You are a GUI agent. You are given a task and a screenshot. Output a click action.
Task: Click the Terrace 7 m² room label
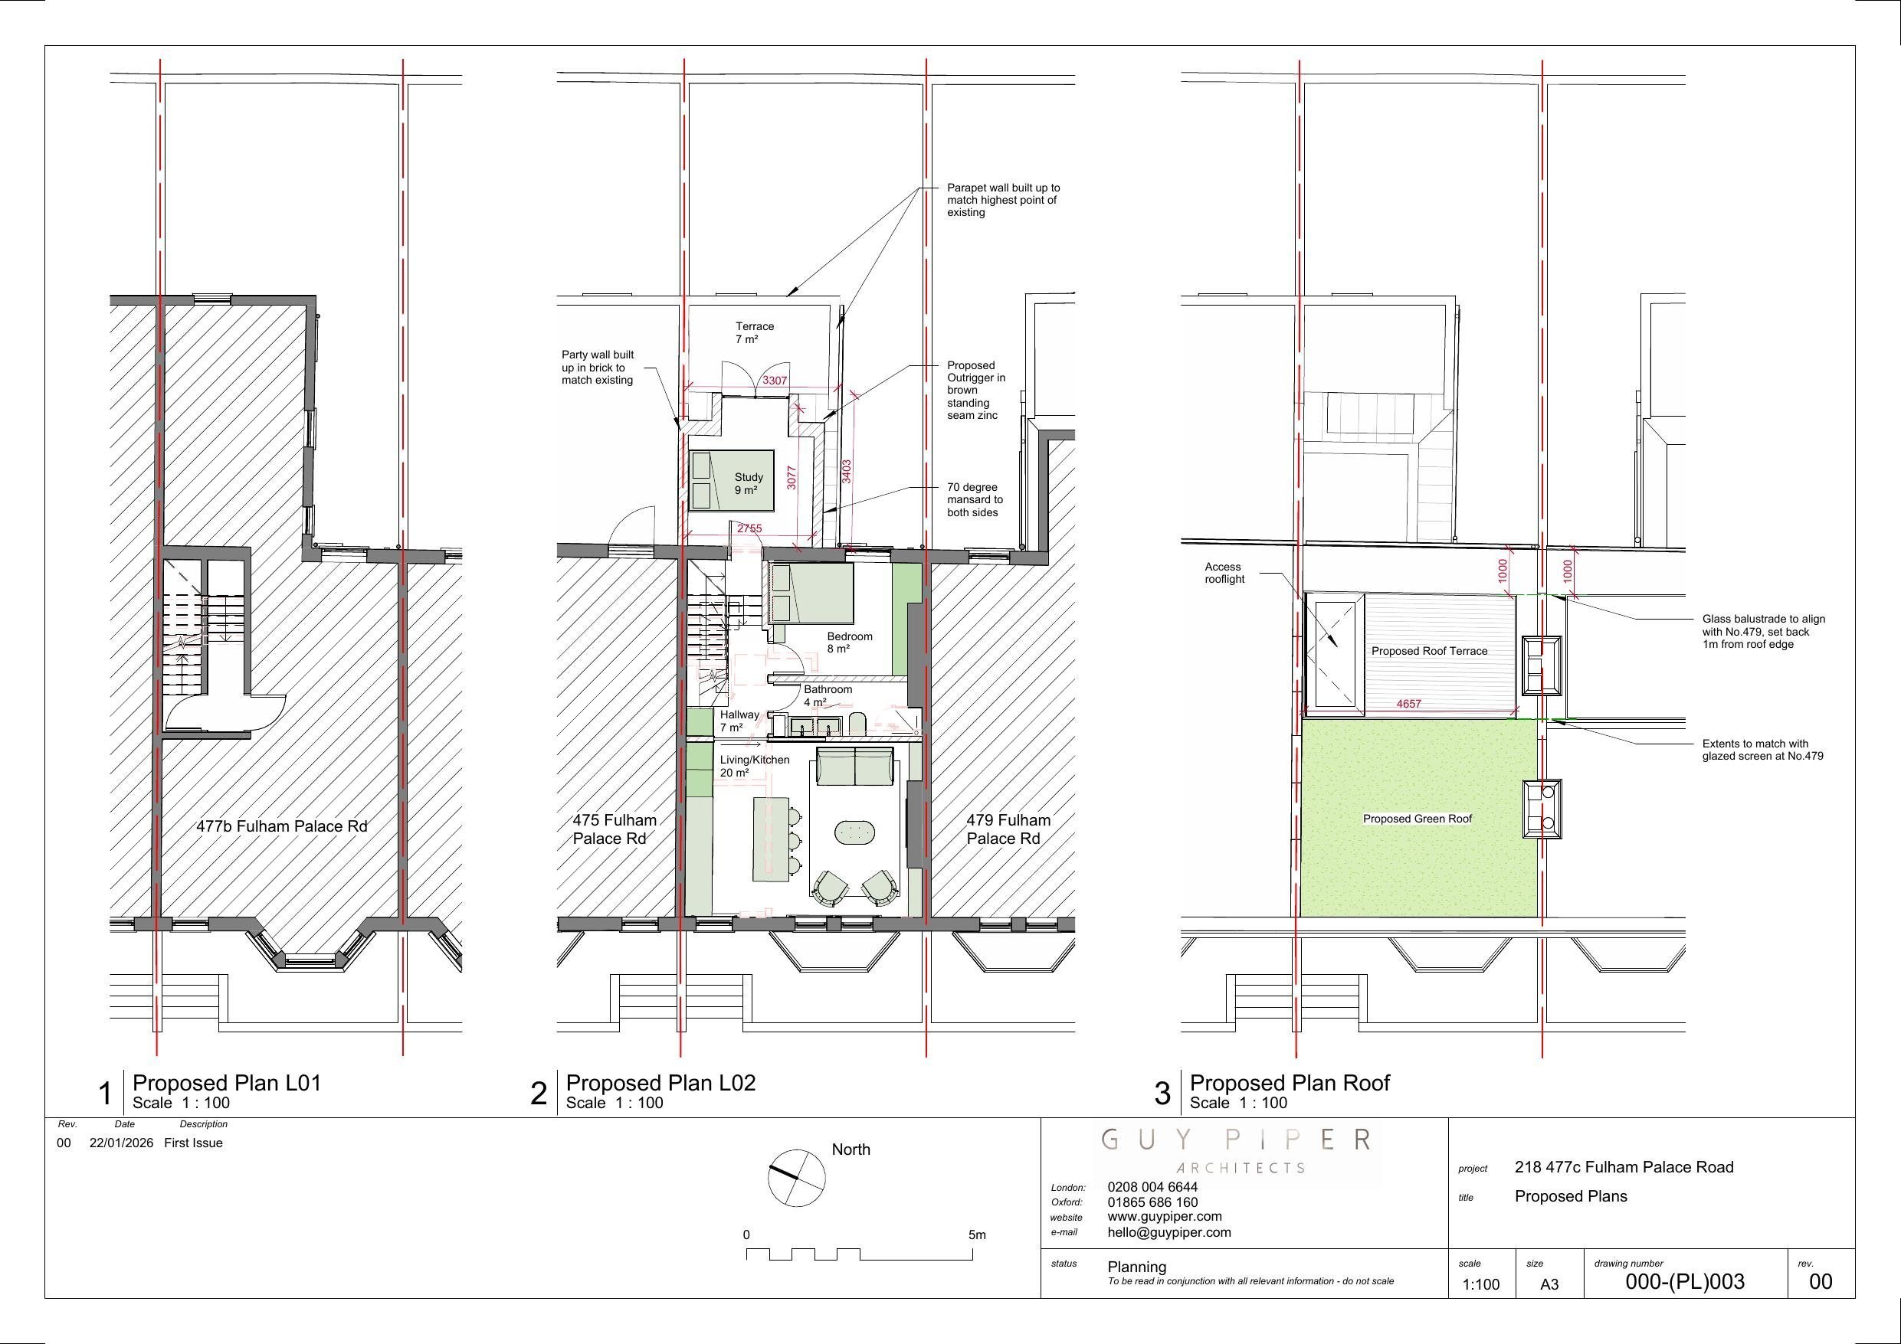tap(754, 332)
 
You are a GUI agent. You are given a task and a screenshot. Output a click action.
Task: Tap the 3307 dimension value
tap(775, 381)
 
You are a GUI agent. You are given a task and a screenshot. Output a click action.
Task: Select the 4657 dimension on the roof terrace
tap(1408, 705)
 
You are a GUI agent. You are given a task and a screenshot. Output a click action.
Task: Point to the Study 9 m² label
tap(749, 483)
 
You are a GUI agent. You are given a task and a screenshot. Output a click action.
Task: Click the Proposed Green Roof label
tap(1418, 819)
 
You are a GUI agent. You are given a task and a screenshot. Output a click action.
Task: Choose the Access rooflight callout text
tap(1224, 573)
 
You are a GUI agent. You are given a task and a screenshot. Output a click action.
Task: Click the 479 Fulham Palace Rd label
tap(1008, 829)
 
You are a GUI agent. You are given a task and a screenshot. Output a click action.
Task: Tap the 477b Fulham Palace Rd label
tap(281, 826)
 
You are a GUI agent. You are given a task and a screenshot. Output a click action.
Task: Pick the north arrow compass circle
tap(797, 1178)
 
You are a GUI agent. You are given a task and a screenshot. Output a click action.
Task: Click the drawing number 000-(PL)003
tap(1684, 1282)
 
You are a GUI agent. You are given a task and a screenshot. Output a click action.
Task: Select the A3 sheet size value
tap(1549, 1284)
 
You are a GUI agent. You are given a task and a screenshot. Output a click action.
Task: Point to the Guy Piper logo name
tap(1236, 1140)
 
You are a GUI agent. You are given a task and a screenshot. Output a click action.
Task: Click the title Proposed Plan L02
tap(660, 1083)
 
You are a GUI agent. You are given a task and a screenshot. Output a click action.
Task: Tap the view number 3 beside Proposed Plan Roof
tap(1162, 1094)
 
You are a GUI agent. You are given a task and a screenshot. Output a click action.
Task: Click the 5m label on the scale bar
tap(977, 1234)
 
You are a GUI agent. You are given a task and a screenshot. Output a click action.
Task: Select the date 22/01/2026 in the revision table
tap(121, 1143)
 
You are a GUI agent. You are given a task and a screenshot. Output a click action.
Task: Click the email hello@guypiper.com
tap(1168, 1232)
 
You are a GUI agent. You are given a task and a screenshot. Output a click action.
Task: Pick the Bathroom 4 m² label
tap(827, 695)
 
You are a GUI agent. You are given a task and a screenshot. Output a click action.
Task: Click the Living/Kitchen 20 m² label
tap(754, 766)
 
